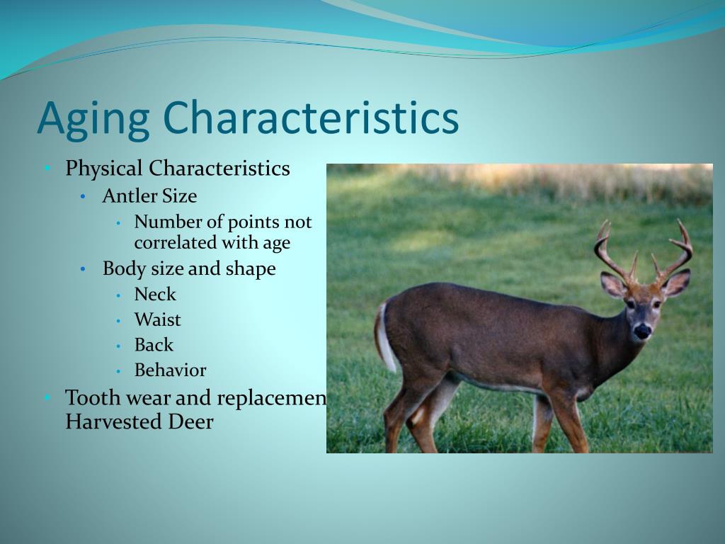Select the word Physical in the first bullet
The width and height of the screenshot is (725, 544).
pos(104,169)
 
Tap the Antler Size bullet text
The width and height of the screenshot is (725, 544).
pos(149,196)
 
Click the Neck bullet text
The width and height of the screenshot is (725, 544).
pos(155,295)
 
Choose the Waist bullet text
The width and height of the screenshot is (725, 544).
pos(158,320)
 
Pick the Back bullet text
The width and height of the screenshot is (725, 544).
pos(154,346)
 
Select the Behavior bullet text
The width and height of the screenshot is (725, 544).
pos(170,370)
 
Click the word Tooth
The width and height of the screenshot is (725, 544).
pos(92,398)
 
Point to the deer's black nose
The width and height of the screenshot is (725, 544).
pos(642,330)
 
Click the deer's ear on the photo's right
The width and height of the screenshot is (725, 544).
pos(676,284)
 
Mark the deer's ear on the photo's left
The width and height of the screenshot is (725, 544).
pos(612,285)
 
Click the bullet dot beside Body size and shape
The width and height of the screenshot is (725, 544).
pos(84,270)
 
